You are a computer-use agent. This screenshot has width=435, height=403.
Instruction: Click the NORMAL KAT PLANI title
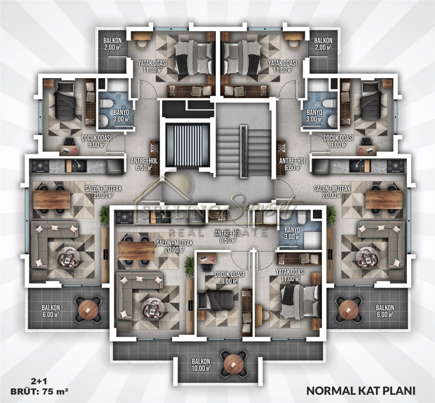[361, 391]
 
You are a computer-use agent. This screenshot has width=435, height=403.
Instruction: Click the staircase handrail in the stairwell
[244, 151]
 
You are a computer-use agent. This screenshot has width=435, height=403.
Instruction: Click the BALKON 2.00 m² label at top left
[112, 44]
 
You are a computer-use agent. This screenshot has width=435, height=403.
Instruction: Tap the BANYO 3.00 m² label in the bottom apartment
[292, 233]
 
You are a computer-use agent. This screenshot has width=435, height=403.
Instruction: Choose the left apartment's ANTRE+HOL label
[144, 164]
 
